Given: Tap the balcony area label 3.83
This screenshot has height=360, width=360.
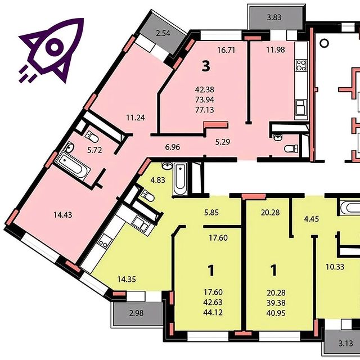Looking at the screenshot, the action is (x=274, y=17).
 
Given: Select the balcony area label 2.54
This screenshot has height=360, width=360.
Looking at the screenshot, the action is (x=163, y=33).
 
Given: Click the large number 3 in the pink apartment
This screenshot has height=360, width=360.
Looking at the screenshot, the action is (x=206, y=66).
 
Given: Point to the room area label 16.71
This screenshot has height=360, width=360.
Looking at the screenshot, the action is (x=226, y=50).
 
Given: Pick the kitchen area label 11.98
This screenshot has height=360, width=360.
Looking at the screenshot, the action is (x=275, y=49).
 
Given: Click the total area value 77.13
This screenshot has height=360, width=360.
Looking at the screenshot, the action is (x=205, y=110).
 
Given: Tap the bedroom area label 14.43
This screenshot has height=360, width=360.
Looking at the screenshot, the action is (x=62, y=215).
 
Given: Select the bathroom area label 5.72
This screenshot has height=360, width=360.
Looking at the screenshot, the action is (x=94, y=150).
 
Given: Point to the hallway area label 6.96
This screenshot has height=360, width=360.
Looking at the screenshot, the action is (x=173, y=147).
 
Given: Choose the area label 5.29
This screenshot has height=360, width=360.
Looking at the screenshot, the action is (x=223, y=142).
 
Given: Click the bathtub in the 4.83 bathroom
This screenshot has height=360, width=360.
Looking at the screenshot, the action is (x=181, y=179).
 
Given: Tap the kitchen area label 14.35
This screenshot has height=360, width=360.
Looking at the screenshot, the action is (x=127, y=279).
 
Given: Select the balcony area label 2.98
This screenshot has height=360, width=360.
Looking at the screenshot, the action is (x=136, y=313).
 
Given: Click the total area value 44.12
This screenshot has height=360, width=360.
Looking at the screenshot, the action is (x=213, y=312).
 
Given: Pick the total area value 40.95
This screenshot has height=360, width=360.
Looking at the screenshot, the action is (x=276, y=313).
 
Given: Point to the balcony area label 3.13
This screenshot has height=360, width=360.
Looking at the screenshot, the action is (x=345, y=344).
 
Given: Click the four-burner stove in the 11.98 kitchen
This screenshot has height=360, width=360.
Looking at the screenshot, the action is (x=301, y=65).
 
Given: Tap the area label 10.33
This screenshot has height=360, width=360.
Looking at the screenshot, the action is (x=335, y=267).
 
